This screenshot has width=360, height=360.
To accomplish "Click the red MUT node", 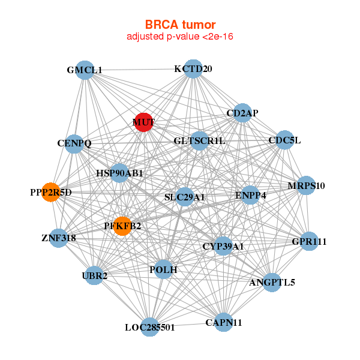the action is [x=143, y=122].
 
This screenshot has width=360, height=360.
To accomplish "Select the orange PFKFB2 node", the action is [x=122, y=226].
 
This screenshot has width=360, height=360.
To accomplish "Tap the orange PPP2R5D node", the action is [x=51, y=193].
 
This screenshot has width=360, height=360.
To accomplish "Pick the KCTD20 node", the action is [x=193, y=69].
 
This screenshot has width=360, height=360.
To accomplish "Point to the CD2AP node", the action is [x=241, y=113].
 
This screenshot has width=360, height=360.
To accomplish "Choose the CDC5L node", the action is [x=284, y=140].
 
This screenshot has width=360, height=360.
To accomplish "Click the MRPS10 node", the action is [x=306, y=185].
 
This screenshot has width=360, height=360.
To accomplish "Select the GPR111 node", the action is [x=308, y=242].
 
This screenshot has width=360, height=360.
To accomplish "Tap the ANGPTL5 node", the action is [x=272, y=282].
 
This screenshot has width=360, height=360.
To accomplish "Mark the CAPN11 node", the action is [x=223, y=322].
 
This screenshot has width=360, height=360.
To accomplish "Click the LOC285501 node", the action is [x=150, y=327].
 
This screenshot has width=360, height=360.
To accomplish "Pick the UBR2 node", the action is [x=94, y=275].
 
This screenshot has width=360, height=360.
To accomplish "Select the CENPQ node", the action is [x=74, y=143].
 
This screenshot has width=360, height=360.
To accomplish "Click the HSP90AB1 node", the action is [x=119, y=173].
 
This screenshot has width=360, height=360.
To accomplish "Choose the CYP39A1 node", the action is [x=223, y=246].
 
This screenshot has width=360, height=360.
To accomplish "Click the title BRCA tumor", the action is [x=180, y=25].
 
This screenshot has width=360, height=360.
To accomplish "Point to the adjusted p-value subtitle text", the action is [x=180, y=37].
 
